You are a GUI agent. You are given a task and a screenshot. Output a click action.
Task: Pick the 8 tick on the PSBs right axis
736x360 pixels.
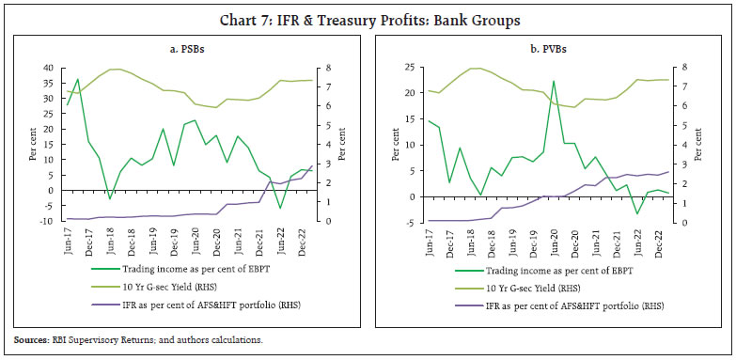325,68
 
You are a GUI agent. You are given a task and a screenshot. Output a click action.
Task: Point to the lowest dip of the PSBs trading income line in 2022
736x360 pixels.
279,208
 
